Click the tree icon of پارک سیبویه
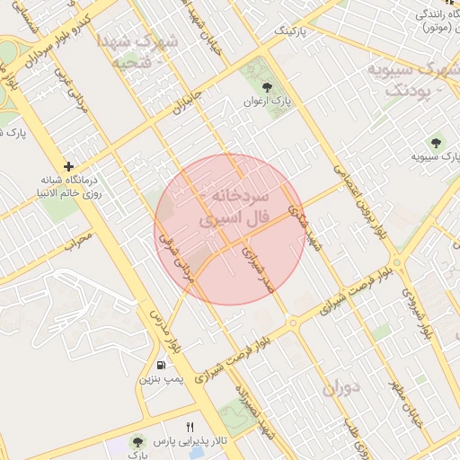tap(437, 142)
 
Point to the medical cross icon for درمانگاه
tap(69, 166)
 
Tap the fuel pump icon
tap(161, 365)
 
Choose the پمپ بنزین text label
tap(160, 380)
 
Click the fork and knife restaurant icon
tap(189, 427)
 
